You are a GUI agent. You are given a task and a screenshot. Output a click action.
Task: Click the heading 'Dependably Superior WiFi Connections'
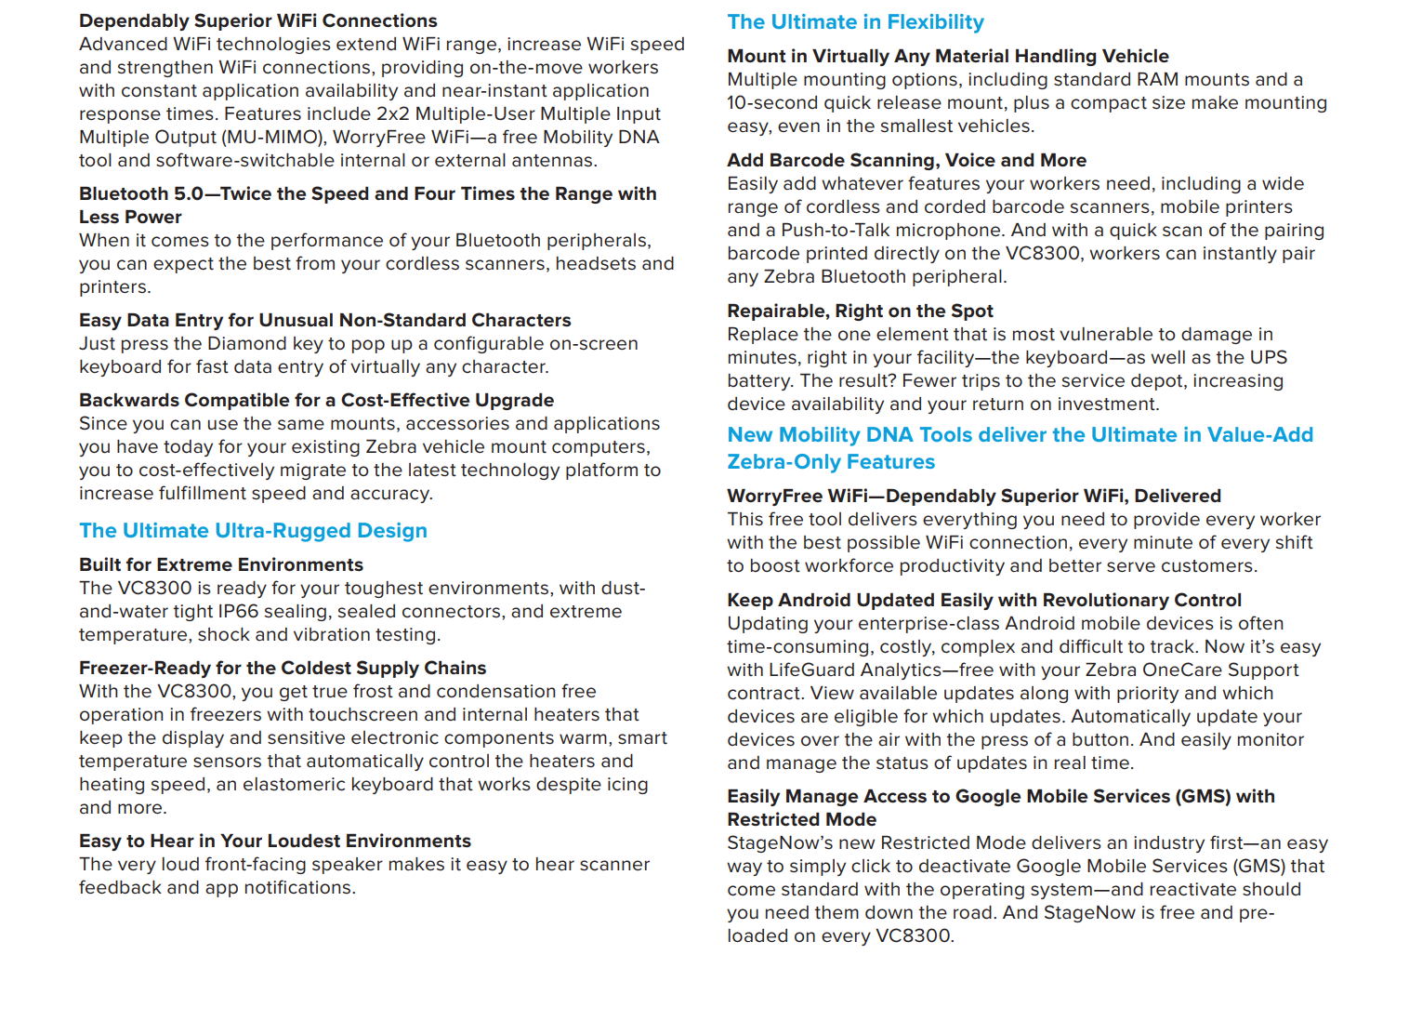[257, 20]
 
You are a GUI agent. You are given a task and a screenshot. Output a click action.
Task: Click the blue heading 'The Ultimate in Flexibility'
[855, 22]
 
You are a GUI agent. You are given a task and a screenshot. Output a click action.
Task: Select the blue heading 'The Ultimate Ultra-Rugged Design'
[253, 531]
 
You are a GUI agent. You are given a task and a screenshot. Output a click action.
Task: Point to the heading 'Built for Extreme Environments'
[220, 564]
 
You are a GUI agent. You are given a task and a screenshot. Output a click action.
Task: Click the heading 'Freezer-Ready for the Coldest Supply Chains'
[282, 668]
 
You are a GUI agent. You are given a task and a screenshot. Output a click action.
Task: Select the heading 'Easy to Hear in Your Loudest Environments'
[274, 841]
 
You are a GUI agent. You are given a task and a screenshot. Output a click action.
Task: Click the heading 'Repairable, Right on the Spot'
[860, 311]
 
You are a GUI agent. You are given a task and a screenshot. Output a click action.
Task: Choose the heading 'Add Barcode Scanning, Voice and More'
[906, 160]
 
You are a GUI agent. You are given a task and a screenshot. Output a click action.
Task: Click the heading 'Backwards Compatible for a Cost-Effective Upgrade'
[316, 400]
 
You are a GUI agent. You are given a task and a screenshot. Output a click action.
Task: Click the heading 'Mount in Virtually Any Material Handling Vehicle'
[947, 56]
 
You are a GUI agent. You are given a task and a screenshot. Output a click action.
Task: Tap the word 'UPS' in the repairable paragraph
[1268, 357]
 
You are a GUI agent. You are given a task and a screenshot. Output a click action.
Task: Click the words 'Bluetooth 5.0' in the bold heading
[140, 193]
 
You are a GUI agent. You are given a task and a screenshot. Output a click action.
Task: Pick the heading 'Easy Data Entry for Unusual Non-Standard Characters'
[324, 320]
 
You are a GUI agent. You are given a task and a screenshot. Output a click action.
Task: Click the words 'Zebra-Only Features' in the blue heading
[830, 462]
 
